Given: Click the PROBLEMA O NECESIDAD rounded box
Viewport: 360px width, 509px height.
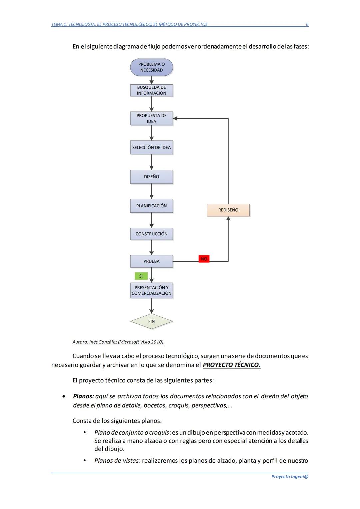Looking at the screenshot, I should coord(151,67).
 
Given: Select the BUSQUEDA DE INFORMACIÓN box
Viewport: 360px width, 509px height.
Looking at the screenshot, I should coord(151,90).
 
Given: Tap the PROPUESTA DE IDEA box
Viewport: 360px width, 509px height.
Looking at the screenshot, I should coord(151,118).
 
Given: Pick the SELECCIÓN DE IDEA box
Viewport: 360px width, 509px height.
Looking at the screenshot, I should coord(151,147).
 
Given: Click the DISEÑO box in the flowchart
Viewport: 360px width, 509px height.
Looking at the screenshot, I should coord(151,177).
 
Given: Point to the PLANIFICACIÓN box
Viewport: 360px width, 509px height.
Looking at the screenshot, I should coord(151,206).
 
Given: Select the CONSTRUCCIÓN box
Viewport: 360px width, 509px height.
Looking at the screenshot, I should coord(151,234).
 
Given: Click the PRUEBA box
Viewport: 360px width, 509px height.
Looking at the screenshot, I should coord(151,261).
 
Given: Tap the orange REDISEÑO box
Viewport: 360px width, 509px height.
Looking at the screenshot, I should coord(228,210).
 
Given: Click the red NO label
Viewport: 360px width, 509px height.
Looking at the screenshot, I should coord(204,259).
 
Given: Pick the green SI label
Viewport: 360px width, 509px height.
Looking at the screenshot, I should coord(141,276).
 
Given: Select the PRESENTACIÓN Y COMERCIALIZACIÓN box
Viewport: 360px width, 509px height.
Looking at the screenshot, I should coord(151,290).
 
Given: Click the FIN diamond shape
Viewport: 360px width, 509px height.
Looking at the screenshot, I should coord(151,321).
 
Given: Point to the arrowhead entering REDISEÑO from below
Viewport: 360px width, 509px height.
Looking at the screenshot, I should coord(228,218).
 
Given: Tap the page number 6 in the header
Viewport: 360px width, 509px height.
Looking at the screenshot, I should coord(307,24).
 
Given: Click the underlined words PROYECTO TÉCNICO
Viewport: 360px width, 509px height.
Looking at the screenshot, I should coord(231,365).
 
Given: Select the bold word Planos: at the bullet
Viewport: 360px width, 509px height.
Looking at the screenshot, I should coord(83,396).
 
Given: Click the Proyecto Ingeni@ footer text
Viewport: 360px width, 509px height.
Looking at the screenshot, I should coord(290,477).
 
